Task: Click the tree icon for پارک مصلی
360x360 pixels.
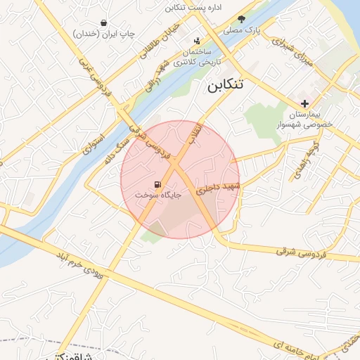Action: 242,20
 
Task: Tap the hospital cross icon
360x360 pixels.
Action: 304,104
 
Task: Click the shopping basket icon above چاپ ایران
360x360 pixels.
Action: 104,22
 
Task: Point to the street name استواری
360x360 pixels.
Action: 91,143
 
